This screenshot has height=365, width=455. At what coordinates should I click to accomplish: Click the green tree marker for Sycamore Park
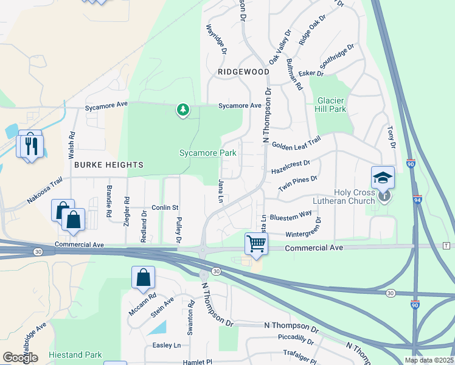pyautogui.click(x=182, y=109)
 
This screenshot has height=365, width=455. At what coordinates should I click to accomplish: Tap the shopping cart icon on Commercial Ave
pyautogui.click(x=257, y=243)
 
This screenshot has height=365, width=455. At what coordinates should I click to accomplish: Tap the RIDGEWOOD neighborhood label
pyautogui.click(x=243, y=72)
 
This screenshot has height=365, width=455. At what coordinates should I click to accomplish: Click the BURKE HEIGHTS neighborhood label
pyautogui.click(x=109, y=165)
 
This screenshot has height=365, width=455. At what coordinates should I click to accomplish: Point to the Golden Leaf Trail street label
pyautogui.click(x=296, y=144)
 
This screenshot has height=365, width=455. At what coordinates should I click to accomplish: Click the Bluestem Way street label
pyautogui.click(x=291, y=215)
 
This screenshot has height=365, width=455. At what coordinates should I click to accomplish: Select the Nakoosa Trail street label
pyautogui.click(x=44, y=190)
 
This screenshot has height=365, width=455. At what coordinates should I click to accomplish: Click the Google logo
pyautogui.click(x=19, y=358)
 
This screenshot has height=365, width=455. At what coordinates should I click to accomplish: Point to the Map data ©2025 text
pyautogui.click(x=429, y=360)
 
